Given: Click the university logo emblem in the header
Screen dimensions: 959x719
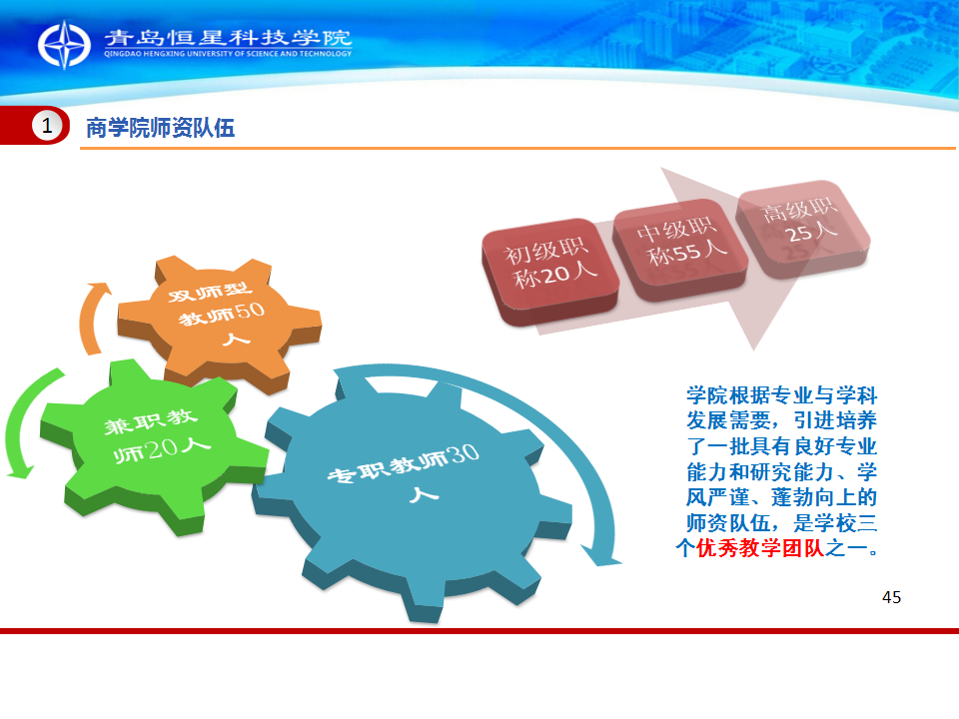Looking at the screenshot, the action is tap(64, 45).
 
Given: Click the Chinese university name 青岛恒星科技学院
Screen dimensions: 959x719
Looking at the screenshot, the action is tap(228, 37).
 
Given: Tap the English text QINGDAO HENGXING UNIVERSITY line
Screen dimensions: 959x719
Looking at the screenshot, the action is tap(228, 54).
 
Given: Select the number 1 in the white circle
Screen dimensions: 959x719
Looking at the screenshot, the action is tap(47, 126).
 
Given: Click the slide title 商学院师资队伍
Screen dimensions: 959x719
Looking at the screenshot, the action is tap(160, 128).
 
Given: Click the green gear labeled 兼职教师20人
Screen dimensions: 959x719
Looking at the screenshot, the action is tap(153, 443).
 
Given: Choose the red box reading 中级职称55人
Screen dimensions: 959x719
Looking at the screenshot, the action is tap(680, 248).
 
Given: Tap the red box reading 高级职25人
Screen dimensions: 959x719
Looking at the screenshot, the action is tap(802, 227).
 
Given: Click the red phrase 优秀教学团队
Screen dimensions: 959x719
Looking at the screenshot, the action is tap(760, 548).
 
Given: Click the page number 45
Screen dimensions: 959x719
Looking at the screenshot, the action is tap(891, 597).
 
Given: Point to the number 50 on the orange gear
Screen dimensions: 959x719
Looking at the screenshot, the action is tap(250, 312).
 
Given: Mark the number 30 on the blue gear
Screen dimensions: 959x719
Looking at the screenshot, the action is tap(463, 454).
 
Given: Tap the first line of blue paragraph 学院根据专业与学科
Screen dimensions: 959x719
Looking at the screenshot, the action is tap(781, 395).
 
